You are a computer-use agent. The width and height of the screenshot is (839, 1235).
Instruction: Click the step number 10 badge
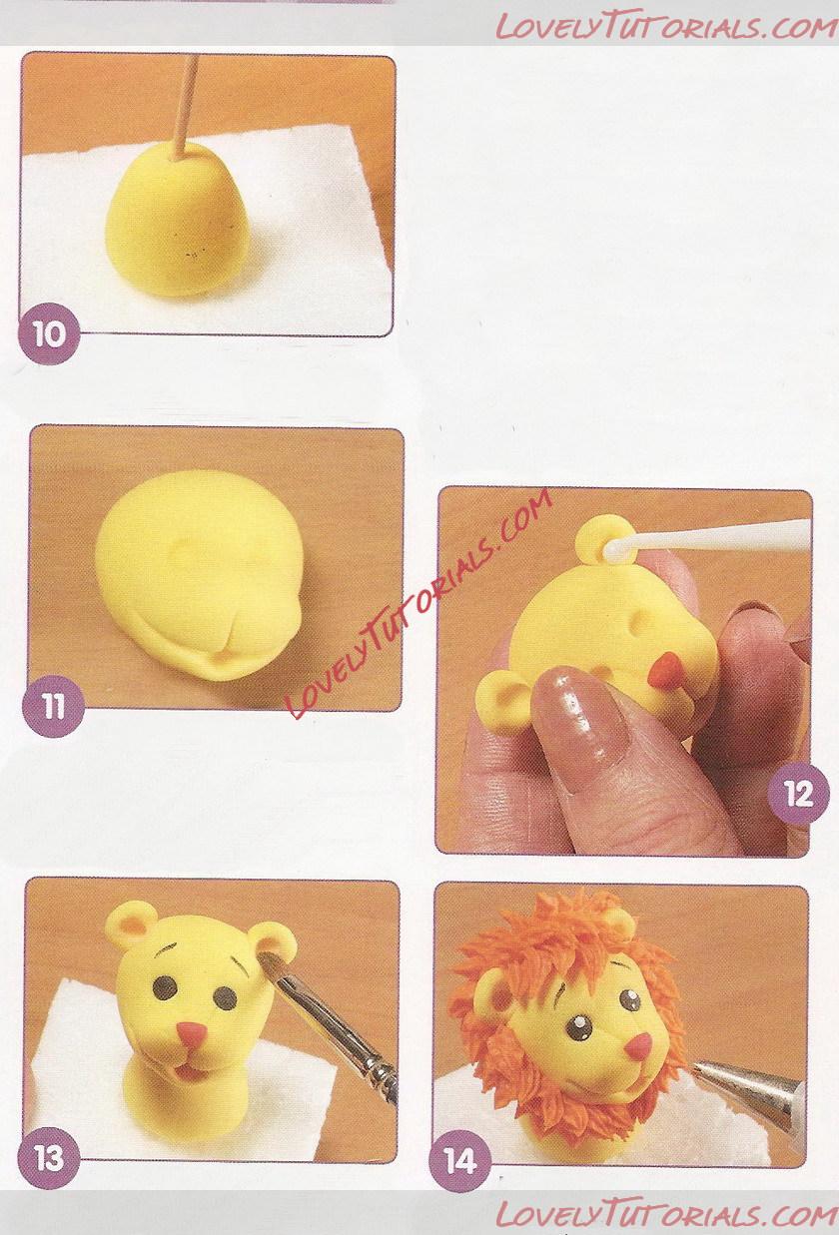click(49, 334)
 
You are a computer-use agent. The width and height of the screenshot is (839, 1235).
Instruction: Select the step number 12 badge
click(799, 795)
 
